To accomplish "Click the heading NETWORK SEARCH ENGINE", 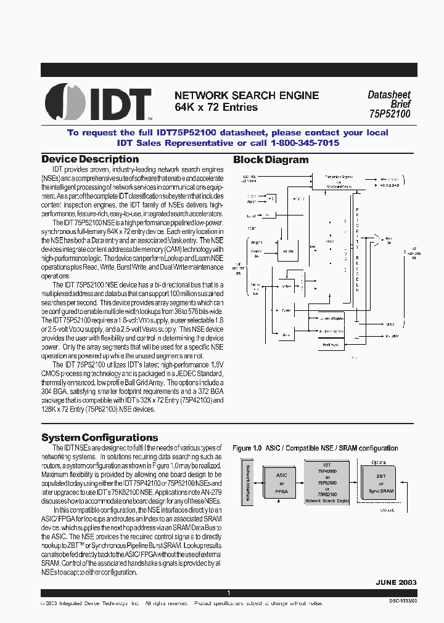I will (x=247, y=95).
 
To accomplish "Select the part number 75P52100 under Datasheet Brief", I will (x=390, y=114).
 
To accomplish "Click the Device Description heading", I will (x=90, y=159).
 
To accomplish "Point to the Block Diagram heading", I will (x=271, y=160).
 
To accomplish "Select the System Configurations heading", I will (x=99, y=438).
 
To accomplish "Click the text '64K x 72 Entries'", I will (x=216, y=108).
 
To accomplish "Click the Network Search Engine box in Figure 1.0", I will (x=327, y=481).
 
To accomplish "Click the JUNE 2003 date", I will (x=396, y=582).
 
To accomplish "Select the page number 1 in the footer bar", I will (x=228, y=593).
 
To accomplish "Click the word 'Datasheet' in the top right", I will (x=388, y=95).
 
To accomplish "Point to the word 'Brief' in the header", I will (x=400, y=105).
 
